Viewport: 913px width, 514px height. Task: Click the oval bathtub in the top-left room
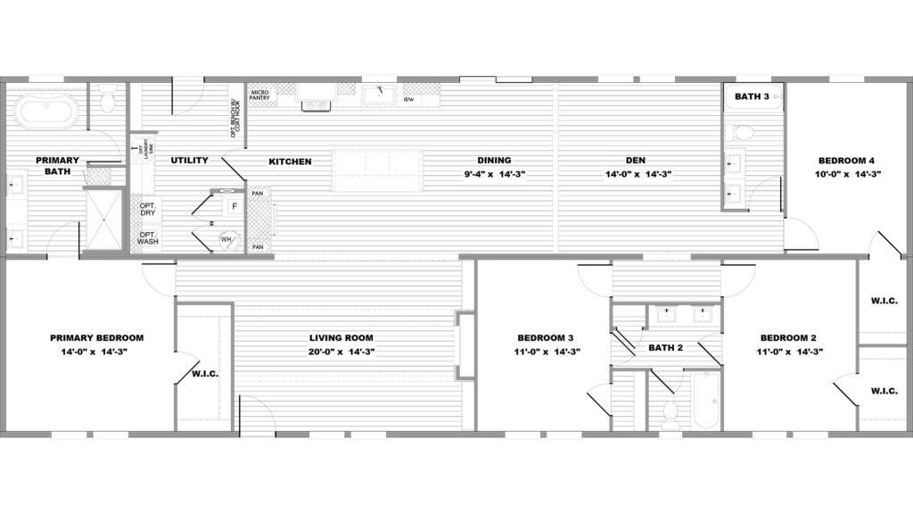click(x=45, y=112)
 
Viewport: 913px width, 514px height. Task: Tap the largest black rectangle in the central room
click(x=377, y=170)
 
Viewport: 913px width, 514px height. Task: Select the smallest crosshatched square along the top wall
click(x=346, y=88)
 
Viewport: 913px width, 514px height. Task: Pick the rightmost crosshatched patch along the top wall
click(x=421, y=88)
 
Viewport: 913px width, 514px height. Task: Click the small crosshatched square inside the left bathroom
click(x=98, y=176)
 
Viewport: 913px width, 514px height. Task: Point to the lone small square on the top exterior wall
click(x=637, y=79)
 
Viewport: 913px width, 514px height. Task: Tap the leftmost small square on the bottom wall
click(x=90, y=435)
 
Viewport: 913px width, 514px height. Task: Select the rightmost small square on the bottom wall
click(x=789, y=435)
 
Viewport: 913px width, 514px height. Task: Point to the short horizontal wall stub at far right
click(x=883, y=345)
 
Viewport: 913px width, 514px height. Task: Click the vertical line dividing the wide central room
click(x=557, y=168)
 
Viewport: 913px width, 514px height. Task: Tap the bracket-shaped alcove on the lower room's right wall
click(x=464, y=344)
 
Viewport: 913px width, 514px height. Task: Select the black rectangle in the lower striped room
click(x=341, y=346)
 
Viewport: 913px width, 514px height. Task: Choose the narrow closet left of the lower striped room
click(x=204, y=368)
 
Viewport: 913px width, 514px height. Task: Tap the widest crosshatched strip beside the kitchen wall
click(x=259, y=219)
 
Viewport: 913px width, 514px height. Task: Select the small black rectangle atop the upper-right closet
click(x=739, y=133)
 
